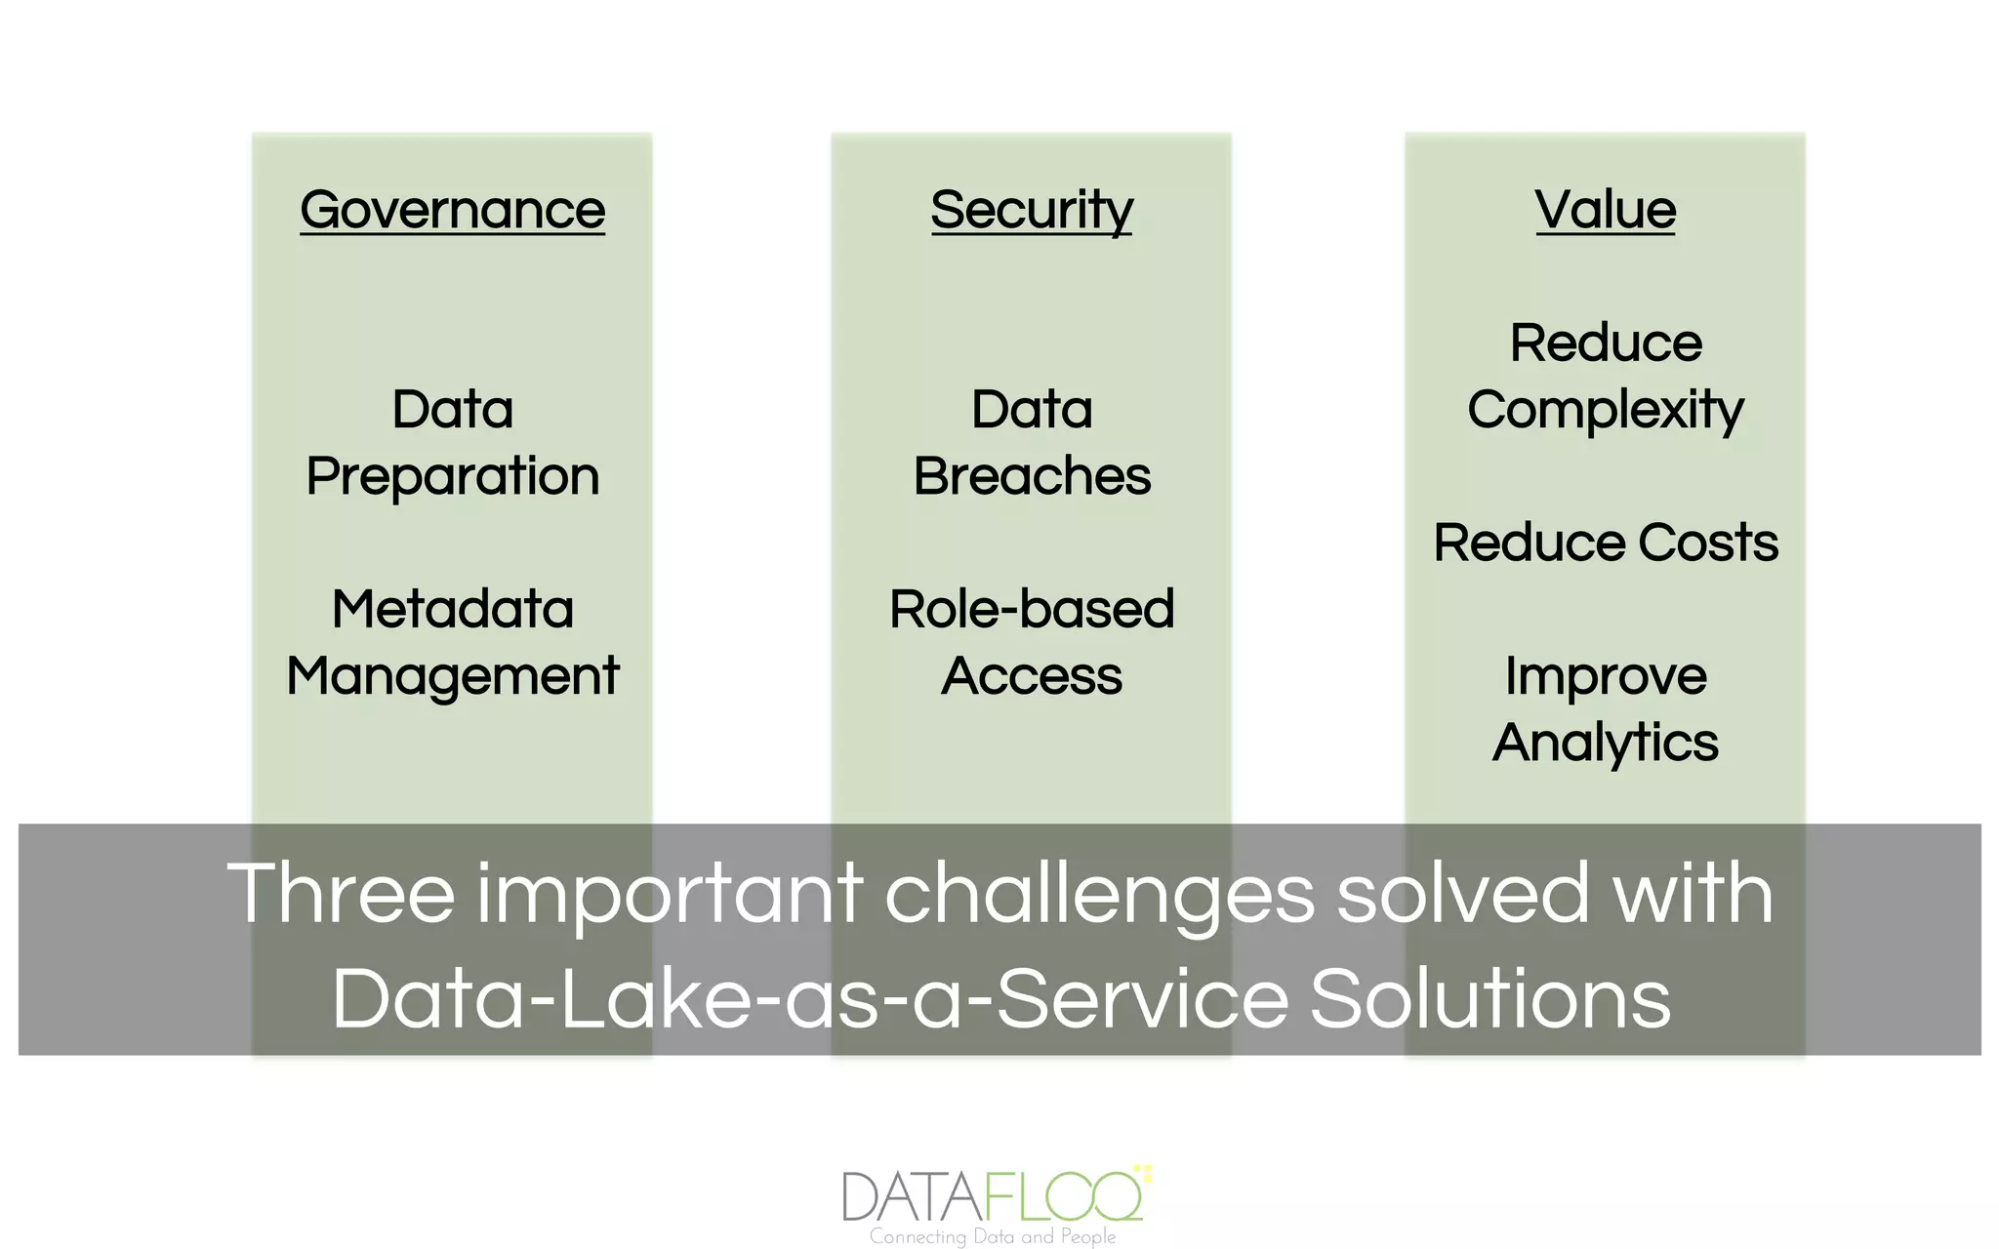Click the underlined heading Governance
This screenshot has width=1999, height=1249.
[x=452, y=210]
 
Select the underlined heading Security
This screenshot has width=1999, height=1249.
[x=1031, y=210]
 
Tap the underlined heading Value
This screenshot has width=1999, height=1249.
[x=1605, y=210]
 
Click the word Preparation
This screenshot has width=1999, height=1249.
[x=452, y=476]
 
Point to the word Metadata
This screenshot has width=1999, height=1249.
[x=452, y=609]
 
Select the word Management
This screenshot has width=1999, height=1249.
[x=452, y=676]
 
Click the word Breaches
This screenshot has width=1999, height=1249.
[x=1032, y=476]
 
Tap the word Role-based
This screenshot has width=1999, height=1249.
[x=1032, y=609]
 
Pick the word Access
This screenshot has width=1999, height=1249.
[x=1032, y=676]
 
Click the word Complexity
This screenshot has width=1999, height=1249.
[x=1605, y=410]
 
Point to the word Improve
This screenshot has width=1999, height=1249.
[x=1605, y=676]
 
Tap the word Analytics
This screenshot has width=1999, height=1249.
[x=1605, y=743]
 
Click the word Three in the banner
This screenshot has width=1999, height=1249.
[x=341, y=893]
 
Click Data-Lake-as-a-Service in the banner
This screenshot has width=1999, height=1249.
[x=809, y=999]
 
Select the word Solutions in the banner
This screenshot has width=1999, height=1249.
[x=1489, y=999]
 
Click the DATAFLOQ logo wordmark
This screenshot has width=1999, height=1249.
[x=992, y=1195]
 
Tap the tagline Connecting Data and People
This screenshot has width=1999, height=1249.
[x=992, y=1236]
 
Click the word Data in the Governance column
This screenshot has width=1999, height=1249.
[x=452, y=410]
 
